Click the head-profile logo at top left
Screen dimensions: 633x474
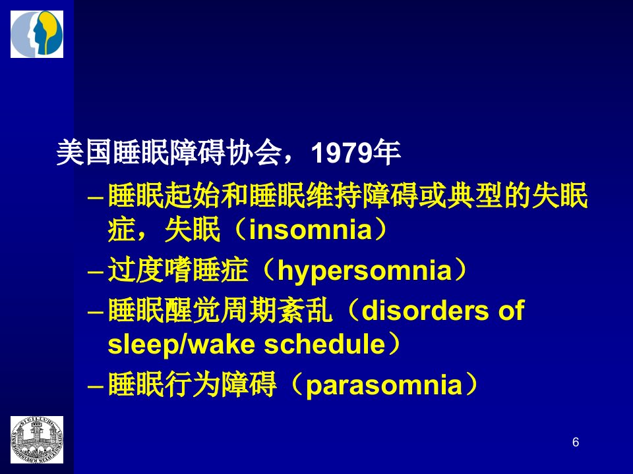pyautogui.click(x=37, y=34)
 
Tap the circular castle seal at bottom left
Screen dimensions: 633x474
pyautogui.click(x=37, y=440)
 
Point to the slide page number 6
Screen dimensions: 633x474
pyautogui.click(x=576, y=442)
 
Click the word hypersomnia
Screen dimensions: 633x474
pyautogui.click(x=365, y=271)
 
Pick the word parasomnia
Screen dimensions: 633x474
pyautogui.click(x=384, y=385)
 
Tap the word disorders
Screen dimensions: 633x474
pyautogui.click(x=425, y=310)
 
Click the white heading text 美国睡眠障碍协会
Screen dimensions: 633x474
pyautogui.click(x=169, y=153)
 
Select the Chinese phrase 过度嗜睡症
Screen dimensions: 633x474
pyautogui.click(x=178, y=270)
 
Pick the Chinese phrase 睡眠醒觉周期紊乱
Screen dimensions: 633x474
pyautogui.click(x=220, y=310)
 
